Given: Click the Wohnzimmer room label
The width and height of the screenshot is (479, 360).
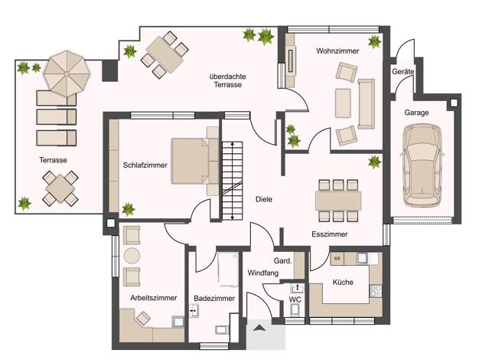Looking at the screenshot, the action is [337, 51].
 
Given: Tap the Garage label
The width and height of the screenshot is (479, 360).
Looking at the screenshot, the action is [416, 113].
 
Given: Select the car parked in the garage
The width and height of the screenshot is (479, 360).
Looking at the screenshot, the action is [422, 165].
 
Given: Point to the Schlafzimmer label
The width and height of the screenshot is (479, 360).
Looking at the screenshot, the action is [145, 165].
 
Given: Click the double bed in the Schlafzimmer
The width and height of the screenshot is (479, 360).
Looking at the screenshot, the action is [195, 161].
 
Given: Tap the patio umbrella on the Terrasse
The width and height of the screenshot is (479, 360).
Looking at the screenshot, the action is [67, 74].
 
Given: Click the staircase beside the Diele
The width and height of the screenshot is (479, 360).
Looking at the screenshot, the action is [232, 181].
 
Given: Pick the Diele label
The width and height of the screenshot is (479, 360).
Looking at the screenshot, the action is [264, 199].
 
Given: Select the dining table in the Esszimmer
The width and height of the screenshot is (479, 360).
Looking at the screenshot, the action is [338, 201].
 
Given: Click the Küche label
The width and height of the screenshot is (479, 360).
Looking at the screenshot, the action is [343, 283].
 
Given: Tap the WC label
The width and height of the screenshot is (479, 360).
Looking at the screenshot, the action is [295, 299].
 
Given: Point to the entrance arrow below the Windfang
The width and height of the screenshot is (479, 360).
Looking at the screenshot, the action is [259, 328].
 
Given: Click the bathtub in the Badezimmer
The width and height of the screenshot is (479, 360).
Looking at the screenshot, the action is [228, 270].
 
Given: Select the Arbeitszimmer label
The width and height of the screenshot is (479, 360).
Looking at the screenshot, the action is [154, 298].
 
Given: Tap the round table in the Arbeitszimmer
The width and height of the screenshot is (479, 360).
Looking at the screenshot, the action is [132, 255].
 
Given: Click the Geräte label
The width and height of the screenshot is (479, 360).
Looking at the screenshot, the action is [403, 72].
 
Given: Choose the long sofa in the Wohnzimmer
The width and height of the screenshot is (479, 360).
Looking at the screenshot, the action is [367, 104].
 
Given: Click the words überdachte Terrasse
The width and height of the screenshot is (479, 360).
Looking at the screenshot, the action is [227, 80].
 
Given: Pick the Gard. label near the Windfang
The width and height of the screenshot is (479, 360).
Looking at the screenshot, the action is [283, 261].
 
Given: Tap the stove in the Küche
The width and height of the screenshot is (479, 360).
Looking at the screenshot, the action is [376, 291].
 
